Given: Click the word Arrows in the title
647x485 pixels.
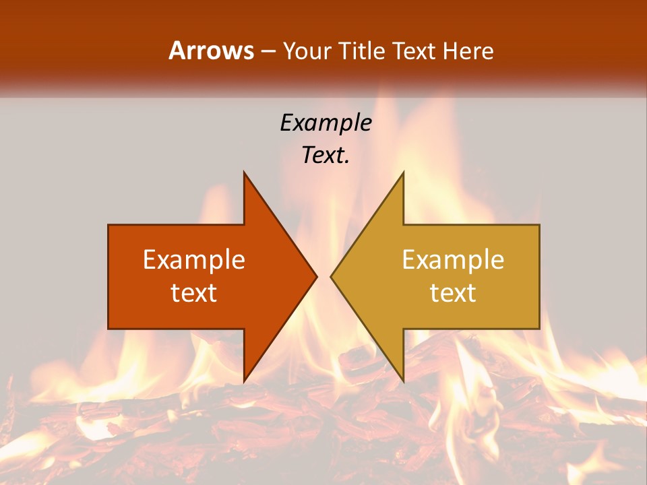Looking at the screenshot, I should [211, 51].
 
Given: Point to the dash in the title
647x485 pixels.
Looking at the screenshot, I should [268, 51].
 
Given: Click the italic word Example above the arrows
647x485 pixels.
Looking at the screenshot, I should [326, 123].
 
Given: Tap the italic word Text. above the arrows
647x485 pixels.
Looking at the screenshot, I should [326, 155].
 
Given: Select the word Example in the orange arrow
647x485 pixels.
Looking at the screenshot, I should [193, 260].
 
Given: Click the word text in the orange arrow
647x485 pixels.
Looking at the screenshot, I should [193, 292].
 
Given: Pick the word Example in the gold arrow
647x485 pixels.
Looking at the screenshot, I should [453, 260].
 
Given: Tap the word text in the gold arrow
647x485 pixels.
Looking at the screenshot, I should [453, 292].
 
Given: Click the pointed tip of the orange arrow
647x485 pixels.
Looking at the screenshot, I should [315, 276].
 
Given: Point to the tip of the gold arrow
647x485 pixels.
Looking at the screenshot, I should [332, 276].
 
